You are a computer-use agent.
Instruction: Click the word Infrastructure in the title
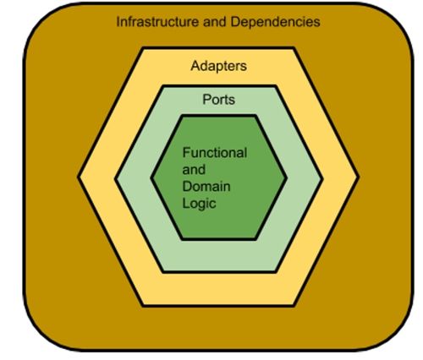[157, 22]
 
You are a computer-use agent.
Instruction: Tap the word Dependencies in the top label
[275, 22]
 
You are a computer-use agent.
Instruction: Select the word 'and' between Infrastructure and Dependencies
[214, 22]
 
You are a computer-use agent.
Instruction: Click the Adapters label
[218, 66]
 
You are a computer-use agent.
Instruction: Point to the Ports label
[218, 100]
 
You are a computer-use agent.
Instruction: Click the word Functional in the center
[215, 153]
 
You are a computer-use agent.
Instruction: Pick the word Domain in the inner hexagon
[206, 187]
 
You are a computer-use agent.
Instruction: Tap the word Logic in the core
[199, 204]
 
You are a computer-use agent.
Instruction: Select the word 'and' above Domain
[194, 170]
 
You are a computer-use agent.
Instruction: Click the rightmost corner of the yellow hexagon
[358, 177]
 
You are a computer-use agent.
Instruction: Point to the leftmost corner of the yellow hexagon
[79, 177]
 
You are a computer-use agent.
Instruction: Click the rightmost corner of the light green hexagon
[321, 178]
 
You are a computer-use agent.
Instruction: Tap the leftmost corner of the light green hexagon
[116, 178]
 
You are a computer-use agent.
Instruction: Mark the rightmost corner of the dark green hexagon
[286, 177]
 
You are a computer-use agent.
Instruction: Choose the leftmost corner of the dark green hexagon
[151, 177]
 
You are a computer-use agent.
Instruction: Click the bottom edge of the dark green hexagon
[219, 239]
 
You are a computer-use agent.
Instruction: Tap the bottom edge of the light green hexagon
[219, 272]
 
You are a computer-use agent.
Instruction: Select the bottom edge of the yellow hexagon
[218, 305]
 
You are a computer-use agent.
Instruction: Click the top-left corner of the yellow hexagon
[142, 49]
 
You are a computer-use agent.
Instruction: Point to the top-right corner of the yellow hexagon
[294, 49]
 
